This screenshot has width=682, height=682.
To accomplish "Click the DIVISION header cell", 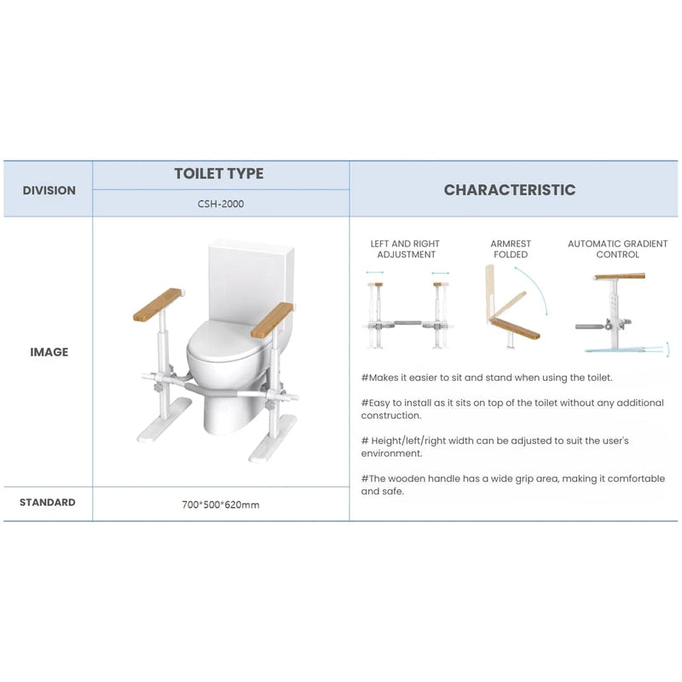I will [49, 190].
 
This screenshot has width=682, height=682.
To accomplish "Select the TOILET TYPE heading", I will [219, 174].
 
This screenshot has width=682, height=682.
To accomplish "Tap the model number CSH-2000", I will [219, 203].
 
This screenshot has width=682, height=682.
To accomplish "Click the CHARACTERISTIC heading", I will [509, 190].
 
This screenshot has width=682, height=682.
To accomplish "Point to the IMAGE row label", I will [49, 352].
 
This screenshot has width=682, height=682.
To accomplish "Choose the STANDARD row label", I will [48, 503].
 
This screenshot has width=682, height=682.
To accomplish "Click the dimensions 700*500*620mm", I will [220, 505].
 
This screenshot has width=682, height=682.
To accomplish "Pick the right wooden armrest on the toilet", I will [273, 319].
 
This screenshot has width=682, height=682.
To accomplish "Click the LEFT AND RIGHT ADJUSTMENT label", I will [406, 249].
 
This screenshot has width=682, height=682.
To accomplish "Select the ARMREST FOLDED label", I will [511, 249].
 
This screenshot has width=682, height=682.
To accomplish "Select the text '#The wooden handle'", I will [402, 479].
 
